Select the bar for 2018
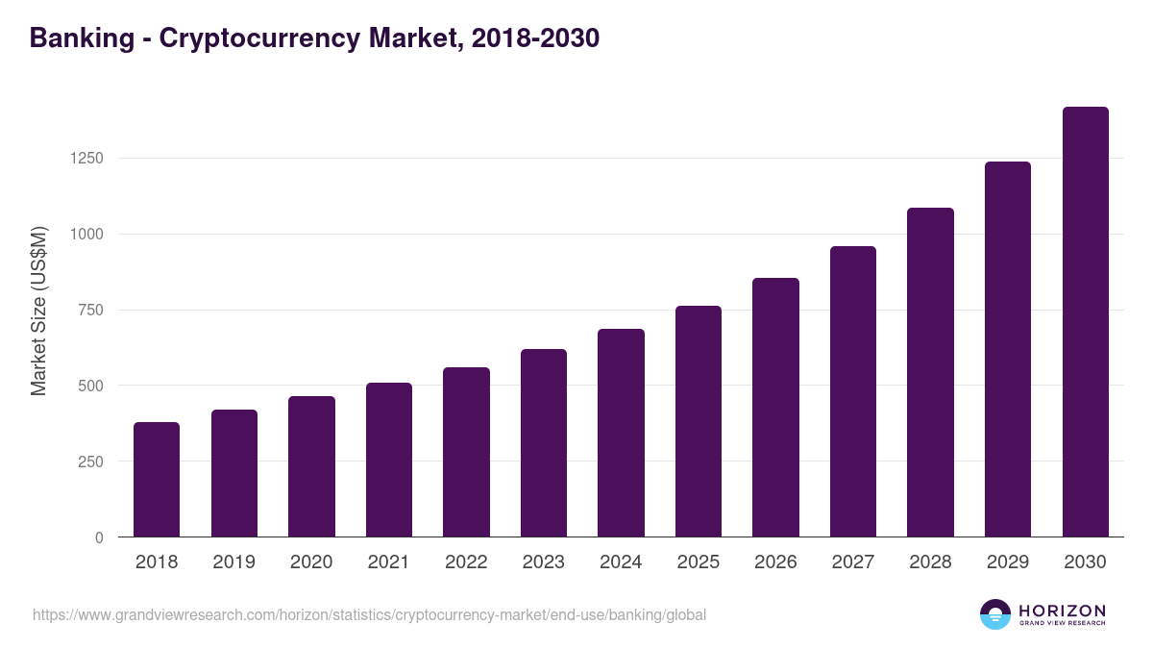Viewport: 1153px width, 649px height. click(x=157, y=479)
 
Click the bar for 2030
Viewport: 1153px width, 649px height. click(x=1085, y=321)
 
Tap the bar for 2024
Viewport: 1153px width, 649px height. click(x=621, y=433)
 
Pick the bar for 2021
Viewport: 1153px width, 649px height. click(x=389, y=460)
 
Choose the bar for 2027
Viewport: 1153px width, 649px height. click(x=853, y=391)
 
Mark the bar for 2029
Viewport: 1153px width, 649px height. click(x=1008, y=349)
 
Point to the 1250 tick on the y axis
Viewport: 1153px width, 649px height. click(x=86, y=159)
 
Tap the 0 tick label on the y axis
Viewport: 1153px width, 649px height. click(x=98, y=537)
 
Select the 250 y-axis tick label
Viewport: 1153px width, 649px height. click(x=90, y=462)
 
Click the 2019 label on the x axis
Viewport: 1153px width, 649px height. click(x=233, y=562)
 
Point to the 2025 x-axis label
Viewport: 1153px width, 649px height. click(x=698, y=562)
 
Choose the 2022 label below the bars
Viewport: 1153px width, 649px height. click(x=466, y=562)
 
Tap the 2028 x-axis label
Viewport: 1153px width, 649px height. click(x=930, y=562)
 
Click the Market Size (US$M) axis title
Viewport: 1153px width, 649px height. click(x=38, y=310)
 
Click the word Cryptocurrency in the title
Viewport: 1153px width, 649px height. click(x=259, y=38)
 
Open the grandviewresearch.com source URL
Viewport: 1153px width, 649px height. click(x=369, y=614)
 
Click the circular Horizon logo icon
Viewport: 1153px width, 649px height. click(x=995, y=614)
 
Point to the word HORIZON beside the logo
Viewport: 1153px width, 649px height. click(x=1062, y=611)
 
